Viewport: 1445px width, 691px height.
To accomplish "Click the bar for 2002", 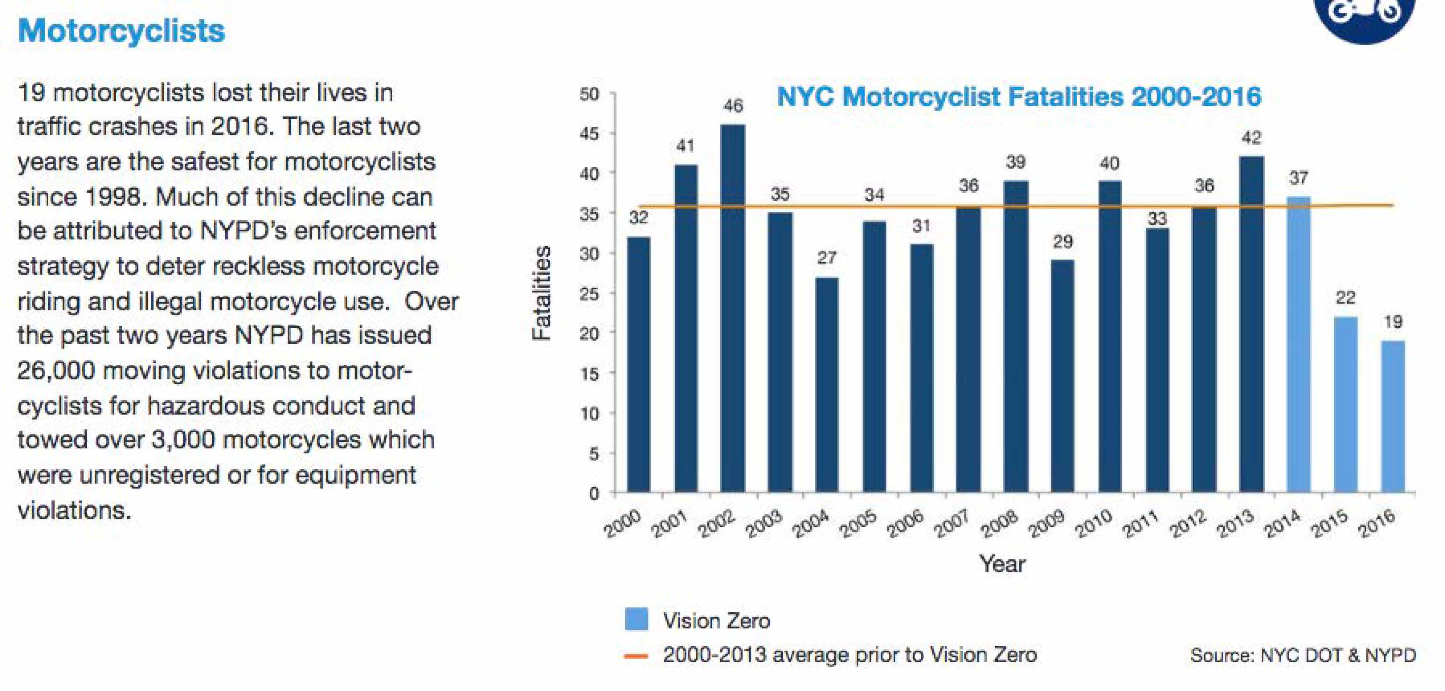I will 733,308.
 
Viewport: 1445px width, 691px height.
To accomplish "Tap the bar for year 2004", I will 827,385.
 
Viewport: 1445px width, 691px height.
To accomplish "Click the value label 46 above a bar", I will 733,105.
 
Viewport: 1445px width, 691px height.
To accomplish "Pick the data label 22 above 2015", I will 1345,298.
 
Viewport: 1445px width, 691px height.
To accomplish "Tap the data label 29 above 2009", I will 1062,242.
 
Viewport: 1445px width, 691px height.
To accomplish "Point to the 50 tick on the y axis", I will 589,94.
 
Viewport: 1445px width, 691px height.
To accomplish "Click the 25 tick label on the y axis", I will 589,293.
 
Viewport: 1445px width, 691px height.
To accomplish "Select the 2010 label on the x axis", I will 1094,524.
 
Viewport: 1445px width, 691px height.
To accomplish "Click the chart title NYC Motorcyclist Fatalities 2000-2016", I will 1019,96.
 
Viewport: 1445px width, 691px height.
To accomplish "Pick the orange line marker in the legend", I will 636,656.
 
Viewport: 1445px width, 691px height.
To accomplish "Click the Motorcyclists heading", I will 121,30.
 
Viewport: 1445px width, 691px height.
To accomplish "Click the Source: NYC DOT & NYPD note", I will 1303,655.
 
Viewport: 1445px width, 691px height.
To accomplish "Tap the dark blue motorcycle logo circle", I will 1364,17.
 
